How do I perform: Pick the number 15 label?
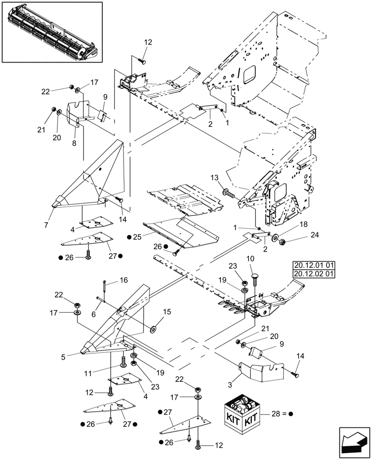pos(166,312)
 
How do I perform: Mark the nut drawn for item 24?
pos(282,241)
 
